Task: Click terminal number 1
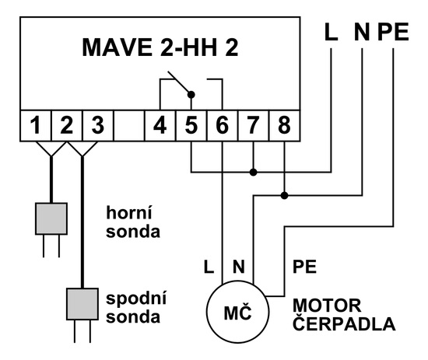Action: click(36, 125)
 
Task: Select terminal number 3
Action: click(98, 125)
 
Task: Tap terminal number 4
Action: click(160, 125)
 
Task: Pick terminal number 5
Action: click(191, 125)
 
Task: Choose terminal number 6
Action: click(223, 125)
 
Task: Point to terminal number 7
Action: click(254, 125)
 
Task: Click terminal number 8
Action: click(284, 125)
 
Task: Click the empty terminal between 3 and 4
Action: click(129, 125)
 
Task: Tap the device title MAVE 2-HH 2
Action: click(160, 47)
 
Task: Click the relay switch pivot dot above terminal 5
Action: click(191, 95)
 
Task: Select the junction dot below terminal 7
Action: click(254, 172)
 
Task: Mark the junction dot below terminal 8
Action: click(284, 195)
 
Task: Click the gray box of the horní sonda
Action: click(51, 218)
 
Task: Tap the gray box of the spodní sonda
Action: click(82, 304)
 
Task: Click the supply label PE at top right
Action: click(393, 32)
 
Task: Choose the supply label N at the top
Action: click(362, 32)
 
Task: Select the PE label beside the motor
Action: click(304, 267)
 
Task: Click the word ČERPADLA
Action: click(344, 323)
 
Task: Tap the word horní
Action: click(129, 212)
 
